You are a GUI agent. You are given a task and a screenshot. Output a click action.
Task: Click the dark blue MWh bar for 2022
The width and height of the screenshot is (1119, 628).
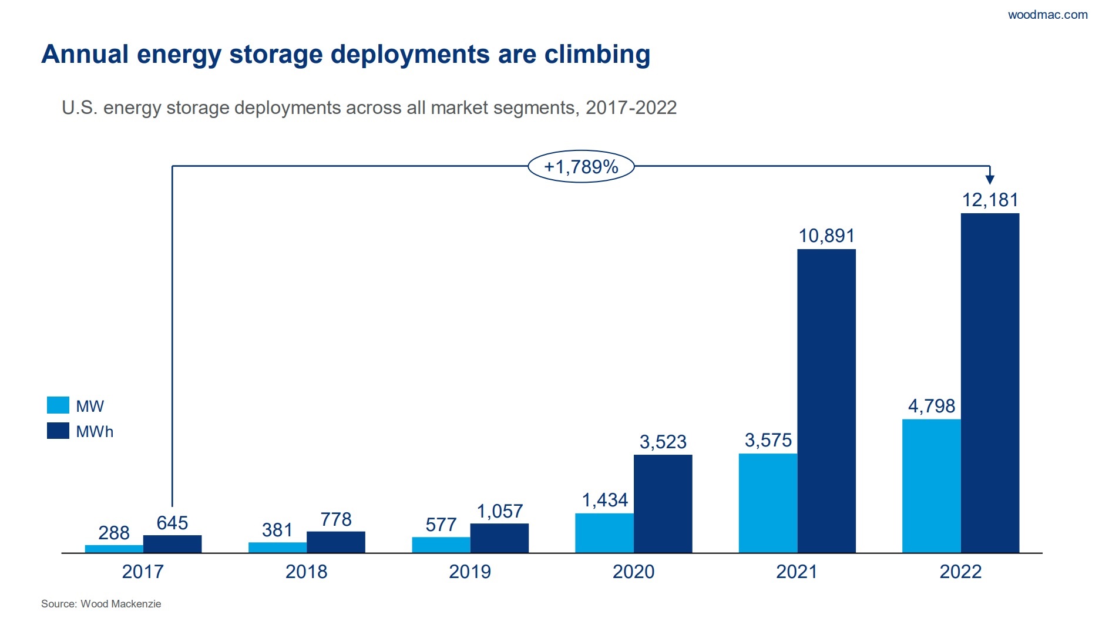pos(989,382)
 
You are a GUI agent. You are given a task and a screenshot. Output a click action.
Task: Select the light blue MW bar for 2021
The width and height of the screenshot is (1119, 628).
pos(768,502)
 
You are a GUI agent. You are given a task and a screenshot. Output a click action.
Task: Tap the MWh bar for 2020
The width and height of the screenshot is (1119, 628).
pos(663,503)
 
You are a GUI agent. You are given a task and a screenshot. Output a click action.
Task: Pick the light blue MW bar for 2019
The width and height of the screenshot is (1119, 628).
pos(441,545)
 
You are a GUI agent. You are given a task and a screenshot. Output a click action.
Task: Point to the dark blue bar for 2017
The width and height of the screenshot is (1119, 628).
pos(172,543)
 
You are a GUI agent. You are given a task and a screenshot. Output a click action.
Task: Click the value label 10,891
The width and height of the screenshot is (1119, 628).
pos(826,236)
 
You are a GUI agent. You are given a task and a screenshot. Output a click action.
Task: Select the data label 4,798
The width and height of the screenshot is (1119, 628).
pos(931,406)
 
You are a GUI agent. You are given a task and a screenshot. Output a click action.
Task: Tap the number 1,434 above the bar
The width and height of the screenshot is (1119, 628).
pos(604,500)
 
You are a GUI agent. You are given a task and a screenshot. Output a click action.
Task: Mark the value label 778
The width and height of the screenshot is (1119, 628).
pos(335,519)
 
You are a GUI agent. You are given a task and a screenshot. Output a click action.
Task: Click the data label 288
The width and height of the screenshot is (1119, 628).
pos(113,533)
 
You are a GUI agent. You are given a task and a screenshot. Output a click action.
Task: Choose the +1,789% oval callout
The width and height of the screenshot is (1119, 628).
pos(580,166)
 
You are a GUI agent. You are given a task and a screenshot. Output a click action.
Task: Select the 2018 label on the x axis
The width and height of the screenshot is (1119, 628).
pos(306,572)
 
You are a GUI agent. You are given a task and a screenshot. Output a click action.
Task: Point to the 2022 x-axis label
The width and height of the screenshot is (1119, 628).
pos(960,572)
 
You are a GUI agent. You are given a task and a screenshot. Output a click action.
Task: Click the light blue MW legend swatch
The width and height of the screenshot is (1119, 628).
pos(58,405)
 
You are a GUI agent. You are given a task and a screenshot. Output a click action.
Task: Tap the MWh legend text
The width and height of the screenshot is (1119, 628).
pos(95,432)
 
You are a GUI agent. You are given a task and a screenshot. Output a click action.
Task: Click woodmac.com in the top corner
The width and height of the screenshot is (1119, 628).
pos(1047,15)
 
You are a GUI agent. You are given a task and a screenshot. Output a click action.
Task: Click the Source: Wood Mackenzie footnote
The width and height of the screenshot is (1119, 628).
pos(101,604)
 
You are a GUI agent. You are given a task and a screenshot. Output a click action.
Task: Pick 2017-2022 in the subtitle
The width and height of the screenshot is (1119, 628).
pos(631,108)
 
